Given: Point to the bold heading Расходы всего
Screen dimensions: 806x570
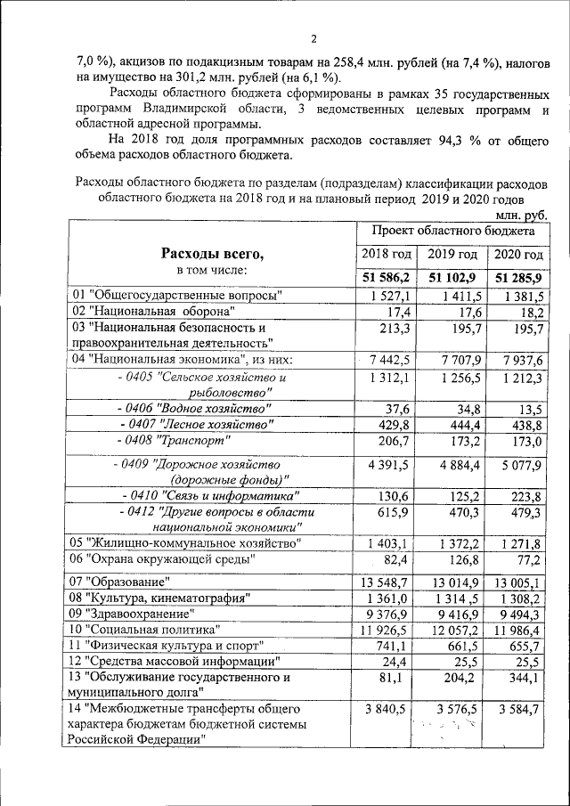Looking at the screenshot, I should [x=212, y=255].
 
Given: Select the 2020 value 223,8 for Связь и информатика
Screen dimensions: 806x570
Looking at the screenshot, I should [x=524, y=496].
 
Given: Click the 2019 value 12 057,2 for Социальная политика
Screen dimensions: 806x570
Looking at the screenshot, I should [x=454, y=629].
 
